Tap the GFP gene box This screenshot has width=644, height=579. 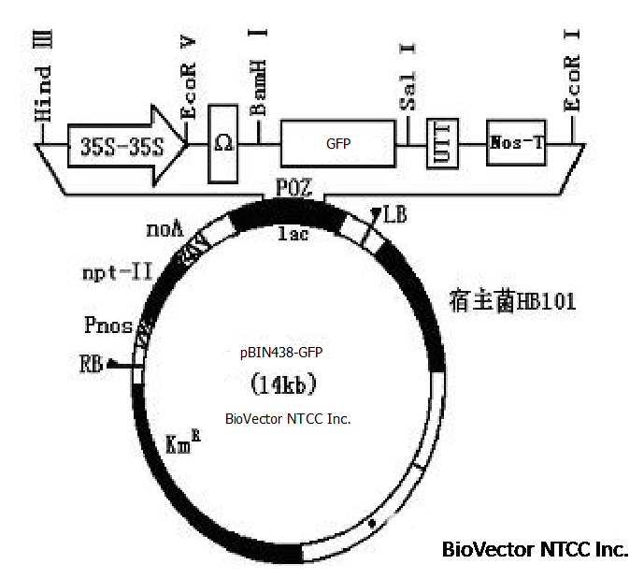point(337,143)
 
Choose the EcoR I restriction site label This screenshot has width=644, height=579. point(573,74)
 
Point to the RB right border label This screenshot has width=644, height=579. point(92,363)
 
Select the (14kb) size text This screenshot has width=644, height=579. point(286,385)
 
